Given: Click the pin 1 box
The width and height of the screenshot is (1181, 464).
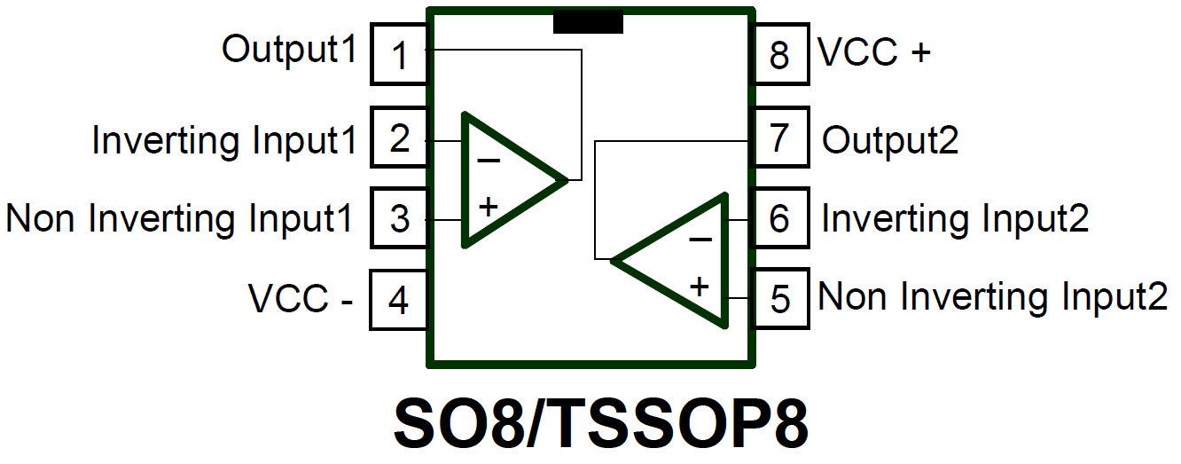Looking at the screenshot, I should coord(399,55).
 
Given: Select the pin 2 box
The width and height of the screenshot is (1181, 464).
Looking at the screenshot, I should coord(399,138).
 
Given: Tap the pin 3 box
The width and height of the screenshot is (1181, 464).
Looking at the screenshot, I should coord(399,217).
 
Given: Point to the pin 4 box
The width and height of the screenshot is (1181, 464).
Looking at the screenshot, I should coord(399,300).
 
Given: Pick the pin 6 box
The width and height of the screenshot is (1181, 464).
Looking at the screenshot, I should coord(780,218).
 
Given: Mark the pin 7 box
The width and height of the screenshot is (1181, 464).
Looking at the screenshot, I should coord(780,138).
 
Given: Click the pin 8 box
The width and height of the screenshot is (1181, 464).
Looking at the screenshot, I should coord(780,55).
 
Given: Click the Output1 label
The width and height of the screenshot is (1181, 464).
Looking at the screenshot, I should coord(289,50).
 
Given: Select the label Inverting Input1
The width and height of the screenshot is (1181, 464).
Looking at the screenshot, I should coord(224,140).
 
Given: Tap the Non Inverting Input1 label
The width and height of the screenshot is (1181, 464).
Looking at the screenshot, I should coord(180,218).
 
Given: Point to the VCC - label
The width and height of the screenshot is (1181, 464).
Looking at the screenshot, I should coord(301,300).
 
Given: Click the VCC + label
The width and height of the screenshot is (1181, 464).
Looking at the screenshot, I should coord(874,53).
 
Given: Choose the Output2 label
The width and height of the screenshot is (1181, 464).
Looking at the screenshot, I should coord(890,140).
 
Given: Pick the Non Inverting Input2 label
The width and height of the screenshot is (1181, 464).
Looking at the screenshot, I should coord(993,296).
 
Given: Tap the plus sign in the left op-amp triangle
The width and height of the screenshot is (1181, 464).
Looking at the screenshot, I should coord(489,208).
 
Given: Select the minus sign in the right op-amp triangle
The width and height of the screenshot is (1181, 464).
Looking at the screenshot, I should coord(700,239).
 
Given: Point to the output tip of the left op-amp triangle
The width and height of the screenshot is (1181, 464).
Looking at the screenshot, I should coord(566,180).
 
